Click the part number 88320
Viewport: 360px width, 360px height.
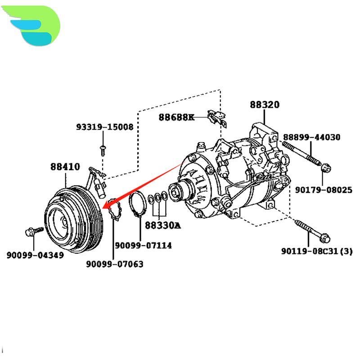(265, 105)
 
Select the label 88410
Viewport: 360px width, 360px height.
(65, 167)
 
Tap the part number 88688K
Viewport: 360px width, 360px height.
(176, 117)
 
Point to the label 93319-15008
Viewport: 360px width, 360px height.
(104, 127)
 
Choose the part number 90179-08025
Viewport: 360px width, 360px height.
(324, 190)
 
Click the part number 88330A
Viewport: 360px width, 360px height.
(162, 225)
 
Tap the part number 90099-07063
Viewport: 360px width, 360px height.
(115, 264)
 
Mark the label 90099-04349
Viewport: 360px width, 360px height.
(35, 255)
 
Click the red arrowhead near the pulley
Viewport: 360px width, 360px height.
(107, 206)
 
